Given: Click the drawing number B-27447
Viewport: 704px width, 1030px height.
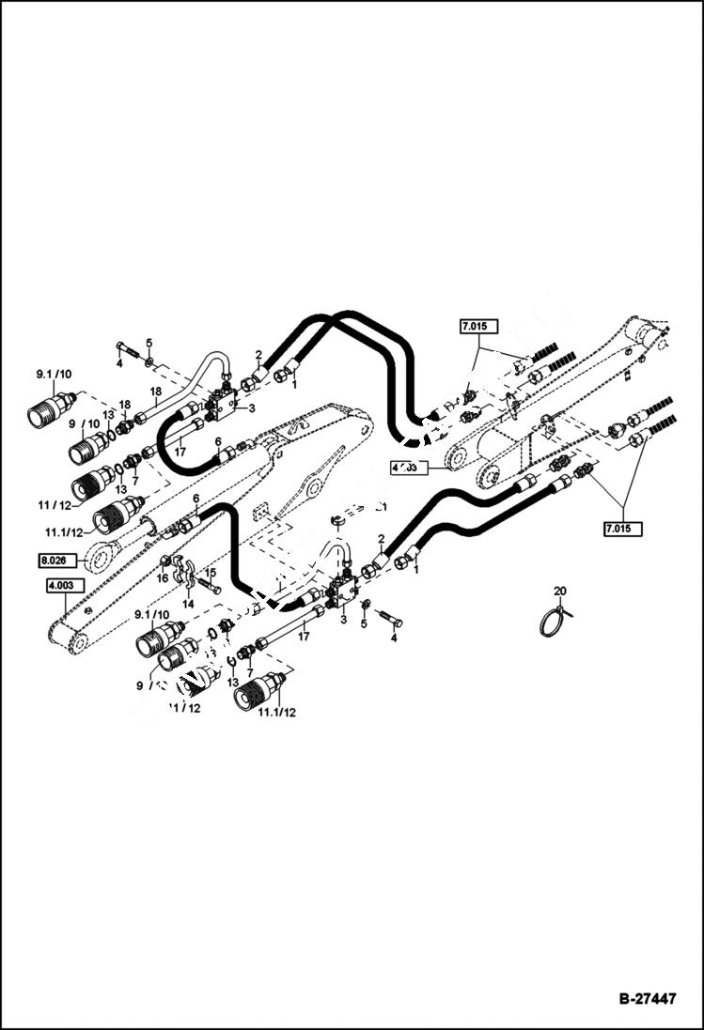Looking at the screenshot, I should coord(647,999).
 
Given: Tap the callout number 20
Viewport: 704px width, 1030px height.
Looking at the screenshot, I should coord(560,591).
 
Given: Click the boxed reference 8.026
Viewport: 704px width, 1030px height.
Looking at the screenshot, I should coord(55,561).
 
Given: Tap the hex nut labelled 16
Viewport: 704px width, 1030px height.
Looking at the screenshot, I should coord(165,562).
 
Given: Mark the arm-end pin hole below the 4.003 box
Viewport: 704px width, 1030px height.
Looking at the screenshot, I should coord(75,643).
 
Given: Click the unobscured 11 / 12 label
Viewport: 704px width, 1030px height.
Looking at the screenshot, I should coord(55,505).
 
